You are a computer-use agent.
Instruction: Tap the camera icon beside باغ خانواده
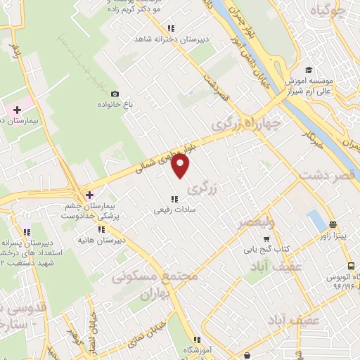click(x=115, y=94)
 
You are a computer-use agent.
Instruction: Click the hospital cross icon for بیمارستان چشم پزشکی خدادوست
click(x=89, y=194)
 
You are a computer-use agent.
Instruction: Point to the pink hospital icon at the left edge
click(x=16, y=110)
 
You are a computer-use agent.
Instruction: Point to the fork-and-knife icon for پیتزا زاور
click(x=332, y=226)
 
